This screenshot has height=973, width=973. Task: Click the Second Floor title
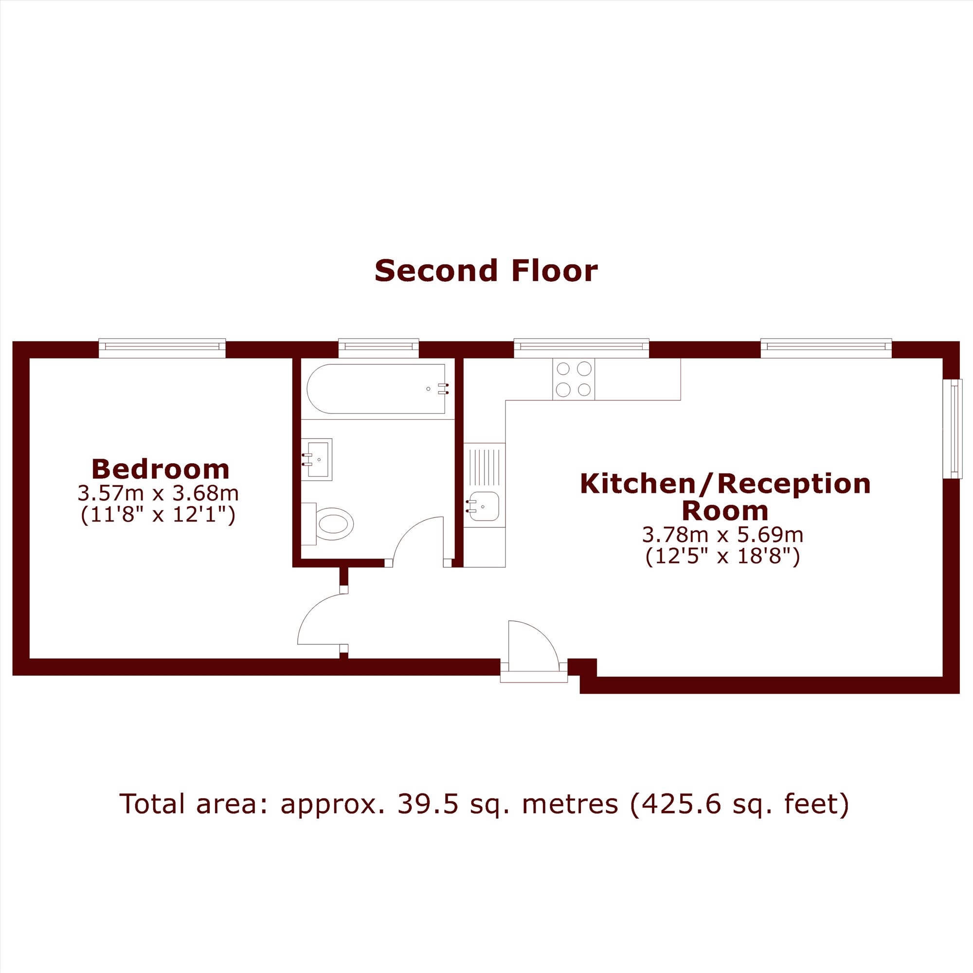click(x=486, y=270)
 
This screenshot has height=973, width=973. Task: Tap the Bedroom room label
click(x=161, y=469)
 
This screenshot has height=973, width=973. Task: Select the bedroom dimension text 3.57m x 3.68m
click(x=158, y=493)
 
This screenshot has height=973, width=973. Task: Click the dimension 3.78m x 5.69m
click(x=722, y=534)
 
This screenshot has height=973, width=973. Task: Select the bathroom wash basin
click(x=317, y=459)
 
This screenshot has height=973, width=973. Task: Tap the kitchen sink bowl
click(x=484, y=506)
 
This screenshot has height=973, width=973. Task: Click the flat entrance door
click(x=534, y=647)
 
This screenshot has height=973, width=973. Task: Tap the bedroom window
click(x=162, y=347)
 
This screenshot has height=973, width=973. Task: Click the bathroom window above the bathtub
click(x=378, y=347)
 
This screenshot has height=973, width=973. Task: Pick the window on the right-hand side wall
click(x=953, y=429)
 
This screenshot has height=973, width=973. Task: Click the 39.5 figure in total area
click(x=429, y=803)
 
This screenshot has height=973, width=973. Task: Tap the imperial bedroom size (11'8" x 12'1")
click(x=158, y=515)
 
